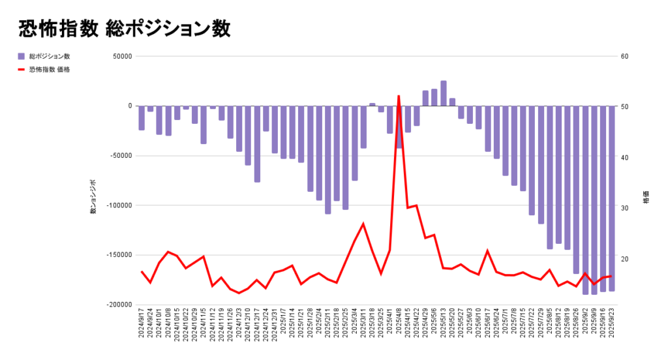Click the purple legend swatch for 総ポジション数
pyautogui.click(x=21, y=56)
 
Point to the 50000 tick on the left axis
pyautogui.click(x=122, y=56)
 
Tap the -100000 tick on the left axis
pyautogui.click(x=119, y=205)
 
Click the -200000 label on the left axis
pyautogui.click(x=119, y=305)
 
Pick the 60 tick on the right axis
pyautogui.click(x=624, y=56)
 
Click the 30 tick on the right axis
pyautogui.click(x=624, y=208)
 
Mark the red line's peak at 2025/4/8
pyautogui.click(x=399, y=96)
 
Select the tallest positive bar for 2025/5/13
pyautogui.click(x=444, y=93)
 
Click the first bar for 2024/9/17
pyautogui.click(x=142, y=118)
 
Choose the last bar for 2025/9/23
pyautogui.click(x=612, y=198)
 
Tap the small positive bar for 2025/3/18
pyautogui.click(x=372, y=104)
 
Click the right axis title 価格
pyautogui.click(x=646, y=197)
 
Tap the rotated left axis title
pyautogui.click(x=93, y=196)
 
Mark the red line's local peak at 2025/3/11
pyautogui.click(x=363, y=224)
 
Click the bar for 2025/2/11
pyautogui.click(x=328, y=160)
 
